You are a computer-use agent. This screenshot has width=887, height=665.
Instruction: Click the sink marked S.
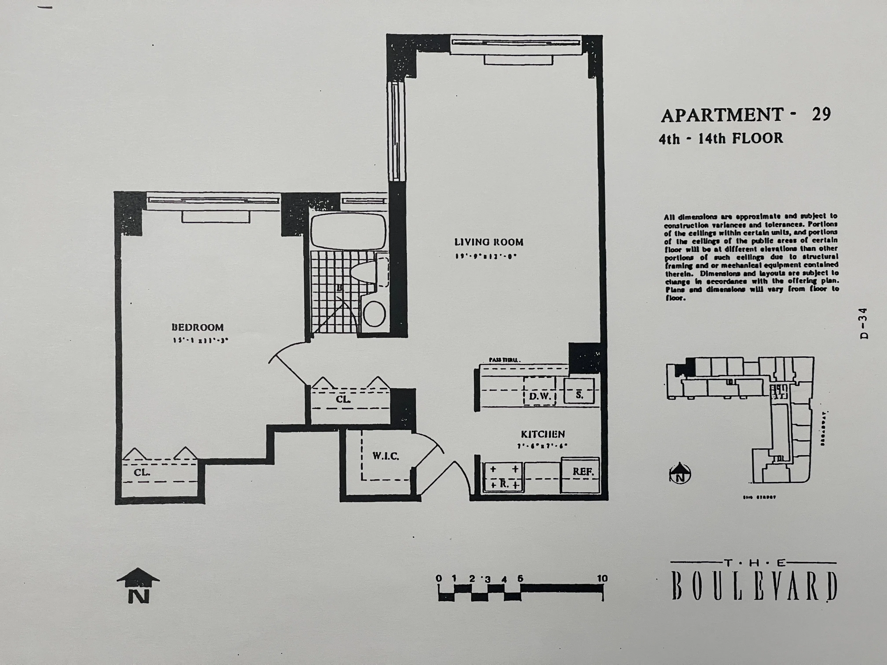pyautogui.click(x=579, y=395)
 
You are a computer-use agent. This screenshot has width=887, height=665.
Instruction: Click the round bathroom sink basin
pyautogui.click(x=374, y=313)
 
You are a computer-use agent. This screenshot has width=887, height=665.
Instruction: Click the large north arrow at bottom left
pyautogui.click(x=138, y=585)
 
